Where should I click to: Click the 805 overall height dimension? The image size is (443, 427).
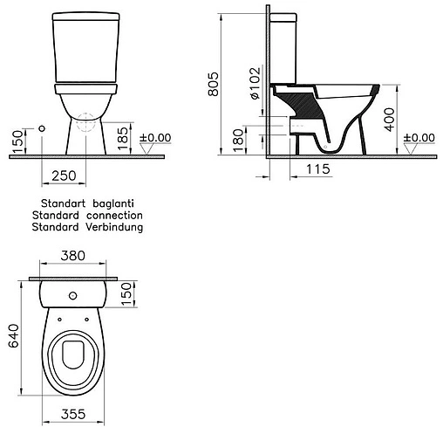click(213, 84)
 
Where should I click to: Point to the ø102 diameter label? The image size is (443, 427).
click(255, 84)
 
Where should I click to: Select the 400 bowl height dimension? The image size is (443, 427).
click(390, 120)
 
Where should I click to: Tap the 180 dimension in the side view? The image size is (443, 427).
click(238, 141)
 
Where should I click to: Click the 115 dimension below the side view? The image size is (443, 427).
click(318, 169)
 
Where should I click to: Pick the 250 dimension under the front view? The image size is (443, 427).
click(64, 176)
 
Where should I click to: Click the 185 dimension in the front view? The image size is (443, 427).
click(123, 138)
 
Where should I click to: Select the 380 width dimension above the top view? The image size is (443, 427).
click(73, 256)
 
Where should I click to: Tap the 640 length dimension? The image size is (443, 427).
click(13, 336)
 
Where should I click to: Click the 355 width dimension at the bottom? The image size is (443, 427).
click(73, 414)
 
